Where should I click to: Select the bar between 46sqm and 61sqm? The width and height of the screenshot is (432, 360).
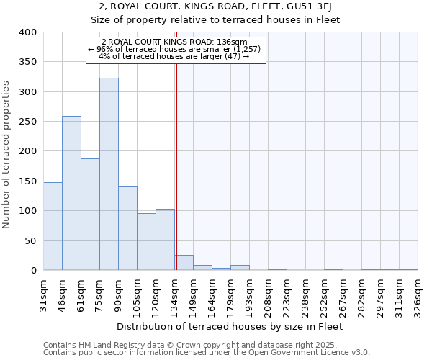tap(71, 193)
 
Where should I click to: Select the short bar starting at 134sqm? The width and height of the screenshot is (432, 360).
tap(184, 263)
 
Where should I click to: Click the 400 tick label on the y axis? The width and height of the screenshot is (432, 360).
tap(27, 32)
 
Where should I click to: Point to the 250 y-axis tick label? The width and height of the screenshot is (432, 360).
tap(27, 122)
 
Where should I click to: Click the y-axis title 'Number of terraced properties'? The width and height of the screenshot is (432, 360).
tap(7, 154)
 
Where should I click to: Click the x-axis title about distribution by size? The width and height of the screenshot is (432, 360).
tap(230, 327)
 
